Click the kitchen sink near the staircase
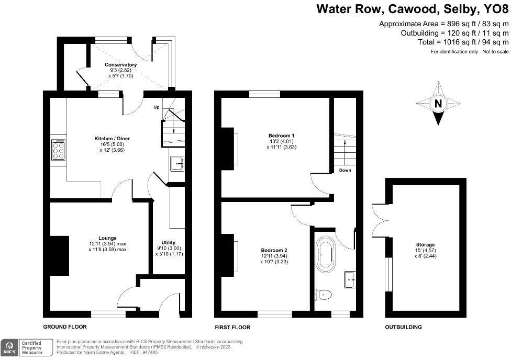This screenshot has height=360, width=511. [177, 164]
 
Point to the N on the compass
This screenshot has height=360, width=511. [438, 104]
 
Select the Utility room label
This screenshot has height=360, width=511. [168, 242]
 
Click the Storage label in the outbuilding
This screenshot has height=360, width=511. [426, 244]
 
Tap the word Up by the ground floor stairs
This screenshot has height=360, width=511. [156, 108]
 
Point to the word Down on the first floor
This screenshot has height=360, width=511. [345, 171]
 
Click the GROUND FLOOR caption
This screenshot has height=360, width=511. [65, 327]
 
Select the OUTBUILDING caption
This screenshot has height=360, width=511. [403, 327]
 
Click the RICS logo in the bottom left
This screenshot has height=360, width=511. [9, 347]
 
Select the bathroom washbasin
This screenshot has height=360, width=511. [349, 279]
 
